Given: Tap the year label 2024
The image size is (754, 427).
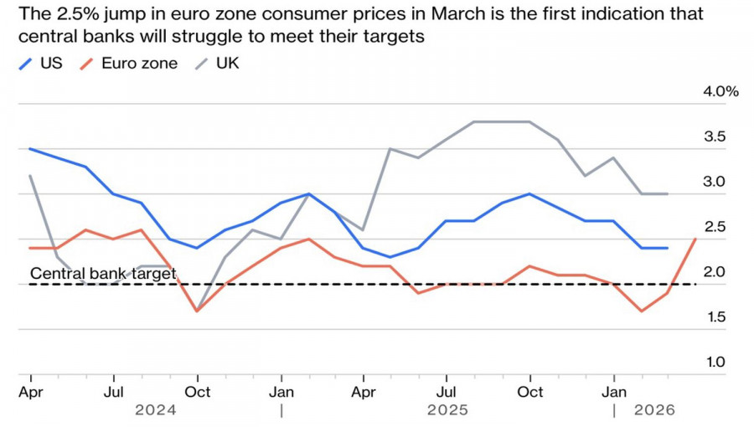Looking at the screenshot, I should (x=158, y=410).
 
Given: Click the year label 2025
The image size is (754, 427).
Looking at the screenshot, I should (x=448, y=410).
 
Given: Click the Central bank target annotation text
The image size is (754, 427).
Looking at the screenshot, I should (x=102, y=273).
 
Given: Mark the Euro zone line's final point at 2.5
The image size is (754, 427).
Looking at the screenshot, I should (x=696, y=239).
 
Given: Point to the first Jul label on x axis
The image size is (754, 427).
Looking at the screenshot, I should (x=115, y=392).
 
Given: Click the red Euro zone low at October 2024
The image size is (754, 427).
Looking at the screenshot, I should (x=197, y=311).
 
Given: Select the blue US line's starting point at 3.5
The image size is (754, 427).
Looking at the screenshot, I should (x=31, y=149).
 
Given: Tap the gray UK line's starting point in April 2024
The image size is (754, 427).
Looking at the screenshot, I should (x=31, y=176).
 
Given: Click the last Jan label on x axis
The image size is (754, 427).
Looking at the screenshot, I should (x=614, y=392).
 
